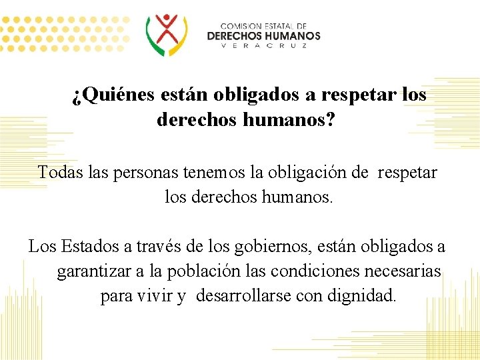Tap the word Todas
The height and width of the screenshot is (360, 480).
[56, 173]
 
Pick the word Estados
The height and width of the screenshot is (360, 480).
[90, 247]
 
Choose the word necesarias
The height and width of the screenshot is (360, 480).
[411, 272]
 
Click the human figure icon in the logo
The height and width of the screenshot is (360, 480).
[167, 33]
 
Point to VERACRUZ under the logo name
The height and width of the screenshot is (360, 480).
[263, 46]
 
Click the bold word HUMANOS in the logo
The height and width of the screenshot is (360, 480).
[293, 35]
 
